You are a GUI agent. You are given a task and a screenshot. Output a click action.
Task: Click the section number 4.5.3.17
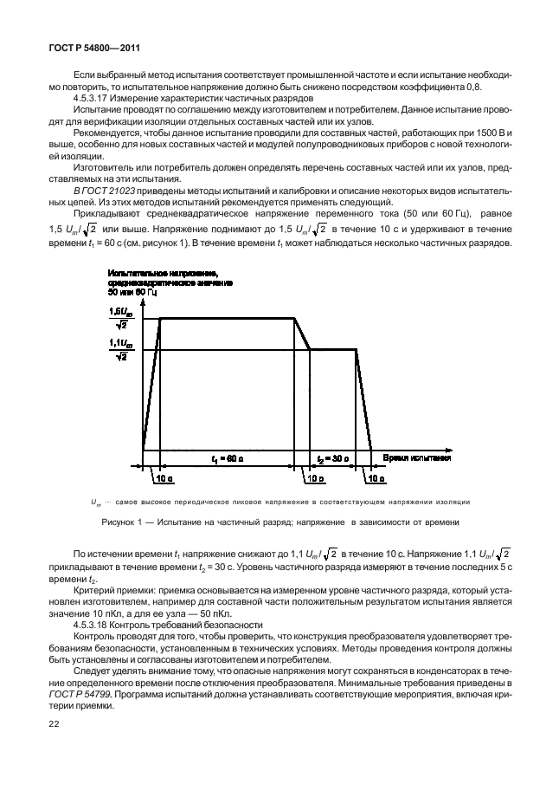point(93,99)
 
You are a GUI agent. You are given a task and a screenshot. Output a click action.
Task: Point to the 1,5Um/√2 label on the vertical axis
point(122,317)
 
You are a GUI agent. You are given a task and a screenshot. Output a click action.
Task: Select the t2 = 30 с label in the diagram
point(332,457)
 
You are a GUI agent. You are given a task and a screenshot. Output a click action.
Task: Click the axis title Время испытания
point(417,457)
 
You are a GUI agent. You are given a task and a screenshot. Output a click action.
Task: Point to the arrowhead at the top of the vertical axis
point(143,299)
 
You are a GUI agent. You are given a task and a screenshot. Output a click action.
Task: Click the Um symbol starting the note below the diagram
point(95,502)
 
